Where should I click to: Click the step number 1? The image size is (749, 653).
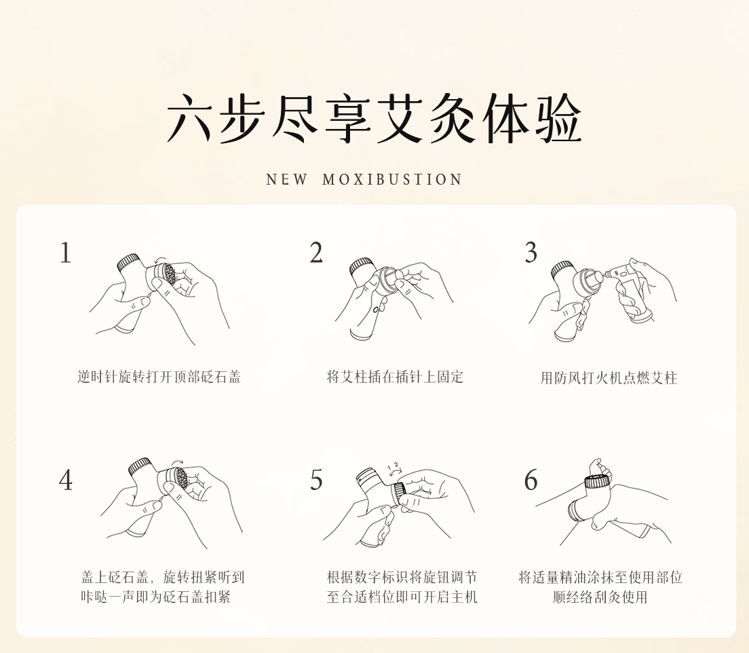click(65, 253)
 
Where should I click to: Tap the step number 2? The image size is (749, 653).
click(316, 253)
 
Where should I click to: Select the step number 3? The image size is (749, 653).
click(531, 253)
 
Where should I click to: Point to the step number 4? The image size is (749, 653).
click(66, 480)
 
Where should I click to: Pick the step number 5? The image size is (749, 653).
click(316, 480)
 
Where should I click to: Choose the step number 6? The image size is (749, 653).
click(531, 480)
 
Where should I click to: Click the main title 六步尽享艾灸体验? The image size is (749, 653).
click(374, 119)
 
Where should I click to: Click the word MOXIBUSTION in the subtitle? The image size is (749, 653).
click(392, 180)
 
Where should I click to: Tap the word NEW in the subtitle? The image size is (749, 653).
click(286, 180)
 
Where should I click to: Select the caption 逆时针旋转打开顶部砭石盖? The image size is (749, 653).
click(159, 377)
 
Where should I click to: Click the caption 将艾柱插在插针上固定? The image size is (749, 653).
click(395, 377)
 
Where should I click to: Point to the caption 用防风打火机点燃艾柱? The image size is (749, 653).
click(609, 378)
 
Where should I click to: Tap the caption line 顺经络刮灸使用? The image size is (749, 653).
click(600, 597)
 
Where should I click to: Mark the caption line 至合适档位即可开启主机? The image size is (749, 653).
click(402, 597)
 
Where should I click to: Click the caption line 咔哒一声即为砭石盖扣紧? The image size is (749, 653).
click(156, 597)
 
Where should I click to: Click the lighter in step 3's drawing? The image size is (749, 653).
click(630, 292)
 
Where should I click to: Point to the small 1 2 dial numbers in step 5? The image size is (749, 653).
click(393, 466)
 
